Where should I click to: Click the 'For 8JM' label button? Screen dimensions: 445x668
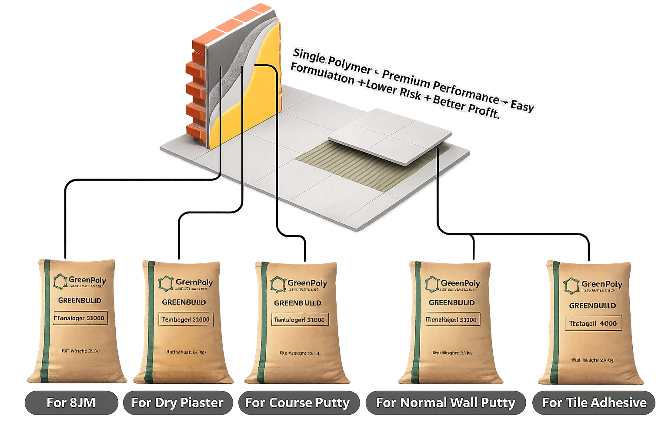pos(71,402)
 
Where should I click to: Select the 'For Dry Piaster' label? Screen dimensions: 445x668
pos(177,402)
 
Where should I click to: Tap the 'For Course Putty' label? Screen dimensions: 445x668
pos(297,402)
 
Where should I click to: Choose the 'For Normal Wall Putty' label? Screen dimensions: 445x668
pos(446,402)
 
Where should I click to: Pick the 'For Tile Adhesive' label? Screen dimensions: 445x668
pos(594,402)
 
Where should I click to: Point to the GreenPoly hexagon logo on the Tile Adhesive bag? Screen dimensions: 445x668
pos(571,285)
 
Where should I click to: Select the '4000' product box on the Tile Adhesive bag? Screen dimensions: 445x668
pos(593,323)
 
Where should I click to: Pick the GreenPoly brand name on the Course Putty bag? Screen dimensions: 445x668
pos(304,284)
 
